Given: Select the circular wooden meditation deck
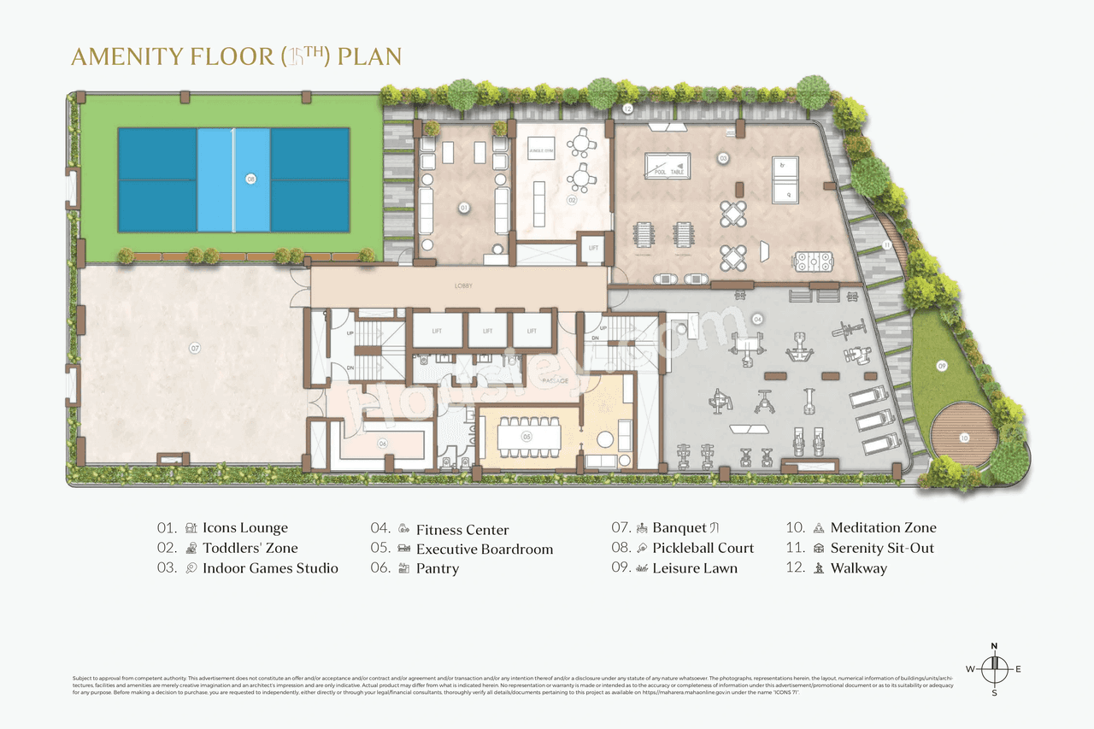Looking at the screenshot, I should [x=964, y=438].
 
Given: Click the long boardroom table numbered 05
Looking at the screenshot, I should [x=526, y=437].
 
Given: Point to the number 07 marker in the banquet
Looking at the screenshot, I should [x=195, y=348].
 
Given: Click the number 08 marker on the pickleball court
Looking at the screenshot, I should [x=250, y=179].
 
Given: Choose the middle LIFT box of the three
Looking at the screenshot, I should [x=487, y=331].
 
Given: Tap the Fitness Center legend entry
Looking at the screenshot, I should [x=462, y=530].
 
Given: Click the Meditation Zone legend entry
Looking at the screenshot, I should [x=883, y=528].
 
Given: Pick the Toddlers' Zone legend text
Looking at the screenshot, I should [x=250, y=548].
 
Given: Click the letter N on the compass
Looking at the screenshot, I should [x=994, y=646].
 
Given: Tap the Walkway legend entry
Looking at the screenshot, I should [x=858, y=568].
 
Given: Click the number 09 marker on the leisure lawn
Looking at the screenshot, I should [x=942, y=366].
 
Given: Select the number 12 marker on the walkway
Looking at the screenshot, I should [x=626, y=109].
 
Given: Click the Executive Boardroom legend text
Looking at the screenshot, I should [x=485, y=550].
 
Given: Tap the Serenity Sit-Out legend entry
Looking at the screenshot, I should [x=882, y=548].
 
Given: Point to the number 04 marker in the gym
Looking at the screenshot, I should [x=757, y=319].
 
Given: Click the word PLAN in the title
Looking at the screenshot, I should [x=369, y=57].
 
